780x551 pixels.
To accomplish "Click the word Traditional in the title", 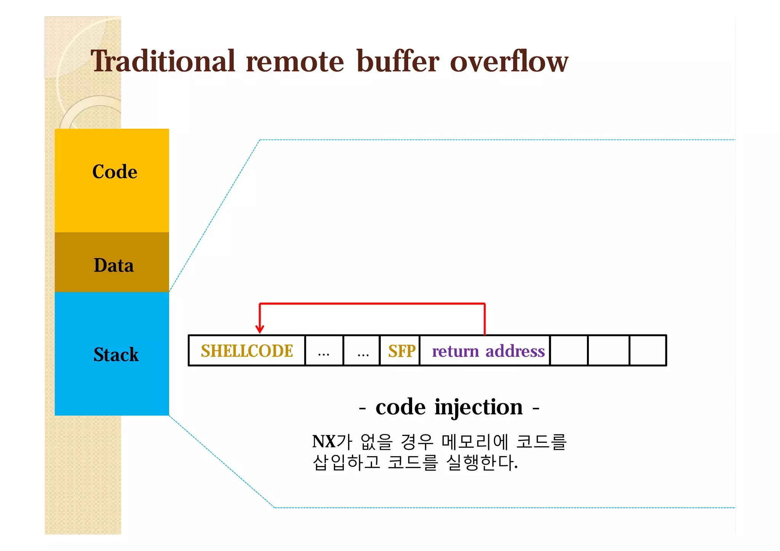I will (x=163, y=62).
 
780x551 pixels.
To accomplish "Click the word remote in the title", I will (x=295, y=62).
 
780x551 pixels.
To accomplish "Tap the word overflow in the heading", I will (x=509, y=62).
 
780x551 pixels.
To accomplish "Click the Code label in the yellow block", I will (x=115, y=172).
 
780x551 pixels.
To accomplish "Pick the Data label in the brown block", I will (x=113, y=265).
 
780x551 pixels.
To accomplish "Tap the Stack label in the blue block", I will (x=116, y=355).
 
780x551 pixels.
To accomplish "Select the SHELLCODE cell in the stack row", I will (x=247, y=351).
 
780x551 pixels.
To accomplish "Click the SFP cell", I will (x=401, y=351).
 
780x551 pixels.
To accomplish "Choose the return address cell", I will (x=488, y=351).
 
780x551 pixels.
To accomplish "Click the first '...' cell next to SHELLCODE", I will (x=324, y=351).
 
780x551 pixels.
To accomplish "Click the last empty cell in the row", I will (x=647, y=351).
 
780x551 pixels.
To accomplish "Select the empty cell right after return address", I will (x=569, y=351).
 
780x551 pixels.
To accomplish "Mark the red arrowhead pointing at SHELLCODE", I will (x=260, y=329).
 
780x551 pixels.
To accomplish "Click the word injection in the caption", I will (x=478, y=407).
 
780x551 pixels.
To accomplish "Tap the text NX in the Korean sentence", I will (x=323, y=442).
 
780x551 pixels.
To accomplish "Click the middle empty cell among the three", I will (x=608, y=351).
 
